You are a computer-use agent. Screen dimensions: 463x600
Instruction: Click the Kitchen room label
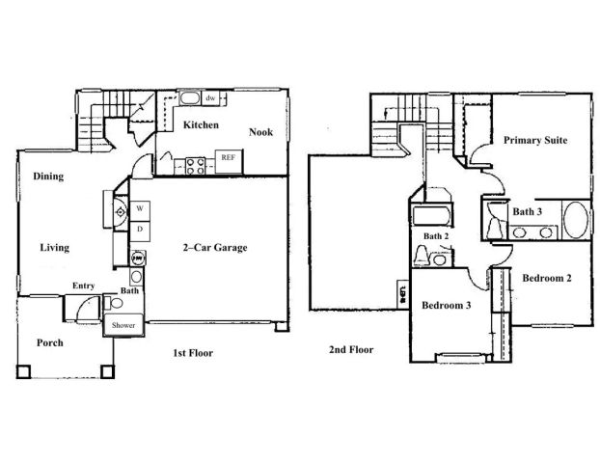pos(201,125)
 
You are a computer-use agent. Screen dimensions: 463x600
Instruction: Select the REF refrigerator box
pos(228,157)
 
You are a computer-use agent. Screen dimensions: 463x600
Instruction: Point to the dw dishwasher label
pos(209,97)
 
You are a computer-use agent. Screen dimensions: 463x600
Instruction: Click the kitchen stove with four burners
pos(193,164)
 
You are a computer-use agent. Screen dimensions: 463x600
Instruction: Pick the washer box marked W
pos(139,208)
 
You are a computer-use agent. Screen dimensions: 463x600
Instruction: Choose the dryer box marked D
pos(139,229)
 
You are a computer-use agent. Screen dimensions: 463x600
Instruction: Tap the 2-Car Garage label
pos(215,248)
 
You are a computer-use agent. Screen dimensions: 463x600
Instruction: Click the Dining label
pos(48,177)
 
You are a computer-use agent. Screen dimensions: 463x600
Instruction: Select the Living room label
pos(54,248)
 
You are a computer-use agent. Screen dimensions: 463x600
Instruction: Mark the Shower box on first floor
pos(123,326)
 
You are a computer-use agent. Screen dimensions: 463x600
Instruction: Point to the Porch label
pos(50,342)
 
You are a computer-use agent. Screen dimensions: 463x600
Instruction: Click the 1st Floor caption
pos(194,353)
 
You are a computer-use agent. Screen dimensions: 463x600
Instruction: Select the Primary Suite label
pos(534,140)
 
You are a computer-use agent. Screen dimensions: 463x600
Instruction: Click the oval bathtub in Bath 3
pos(575,220)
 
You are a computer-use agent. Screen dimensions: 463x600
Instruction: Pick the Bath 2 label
pos(437,236)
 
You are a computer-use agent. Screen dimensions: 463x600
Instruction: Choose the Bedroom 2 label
pos(547,278)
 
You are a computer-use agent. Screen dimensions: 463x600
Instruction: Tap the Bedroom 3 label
pos(446,306)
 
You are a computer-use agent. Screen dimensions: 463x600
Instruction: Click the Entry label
pos(83,286)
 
